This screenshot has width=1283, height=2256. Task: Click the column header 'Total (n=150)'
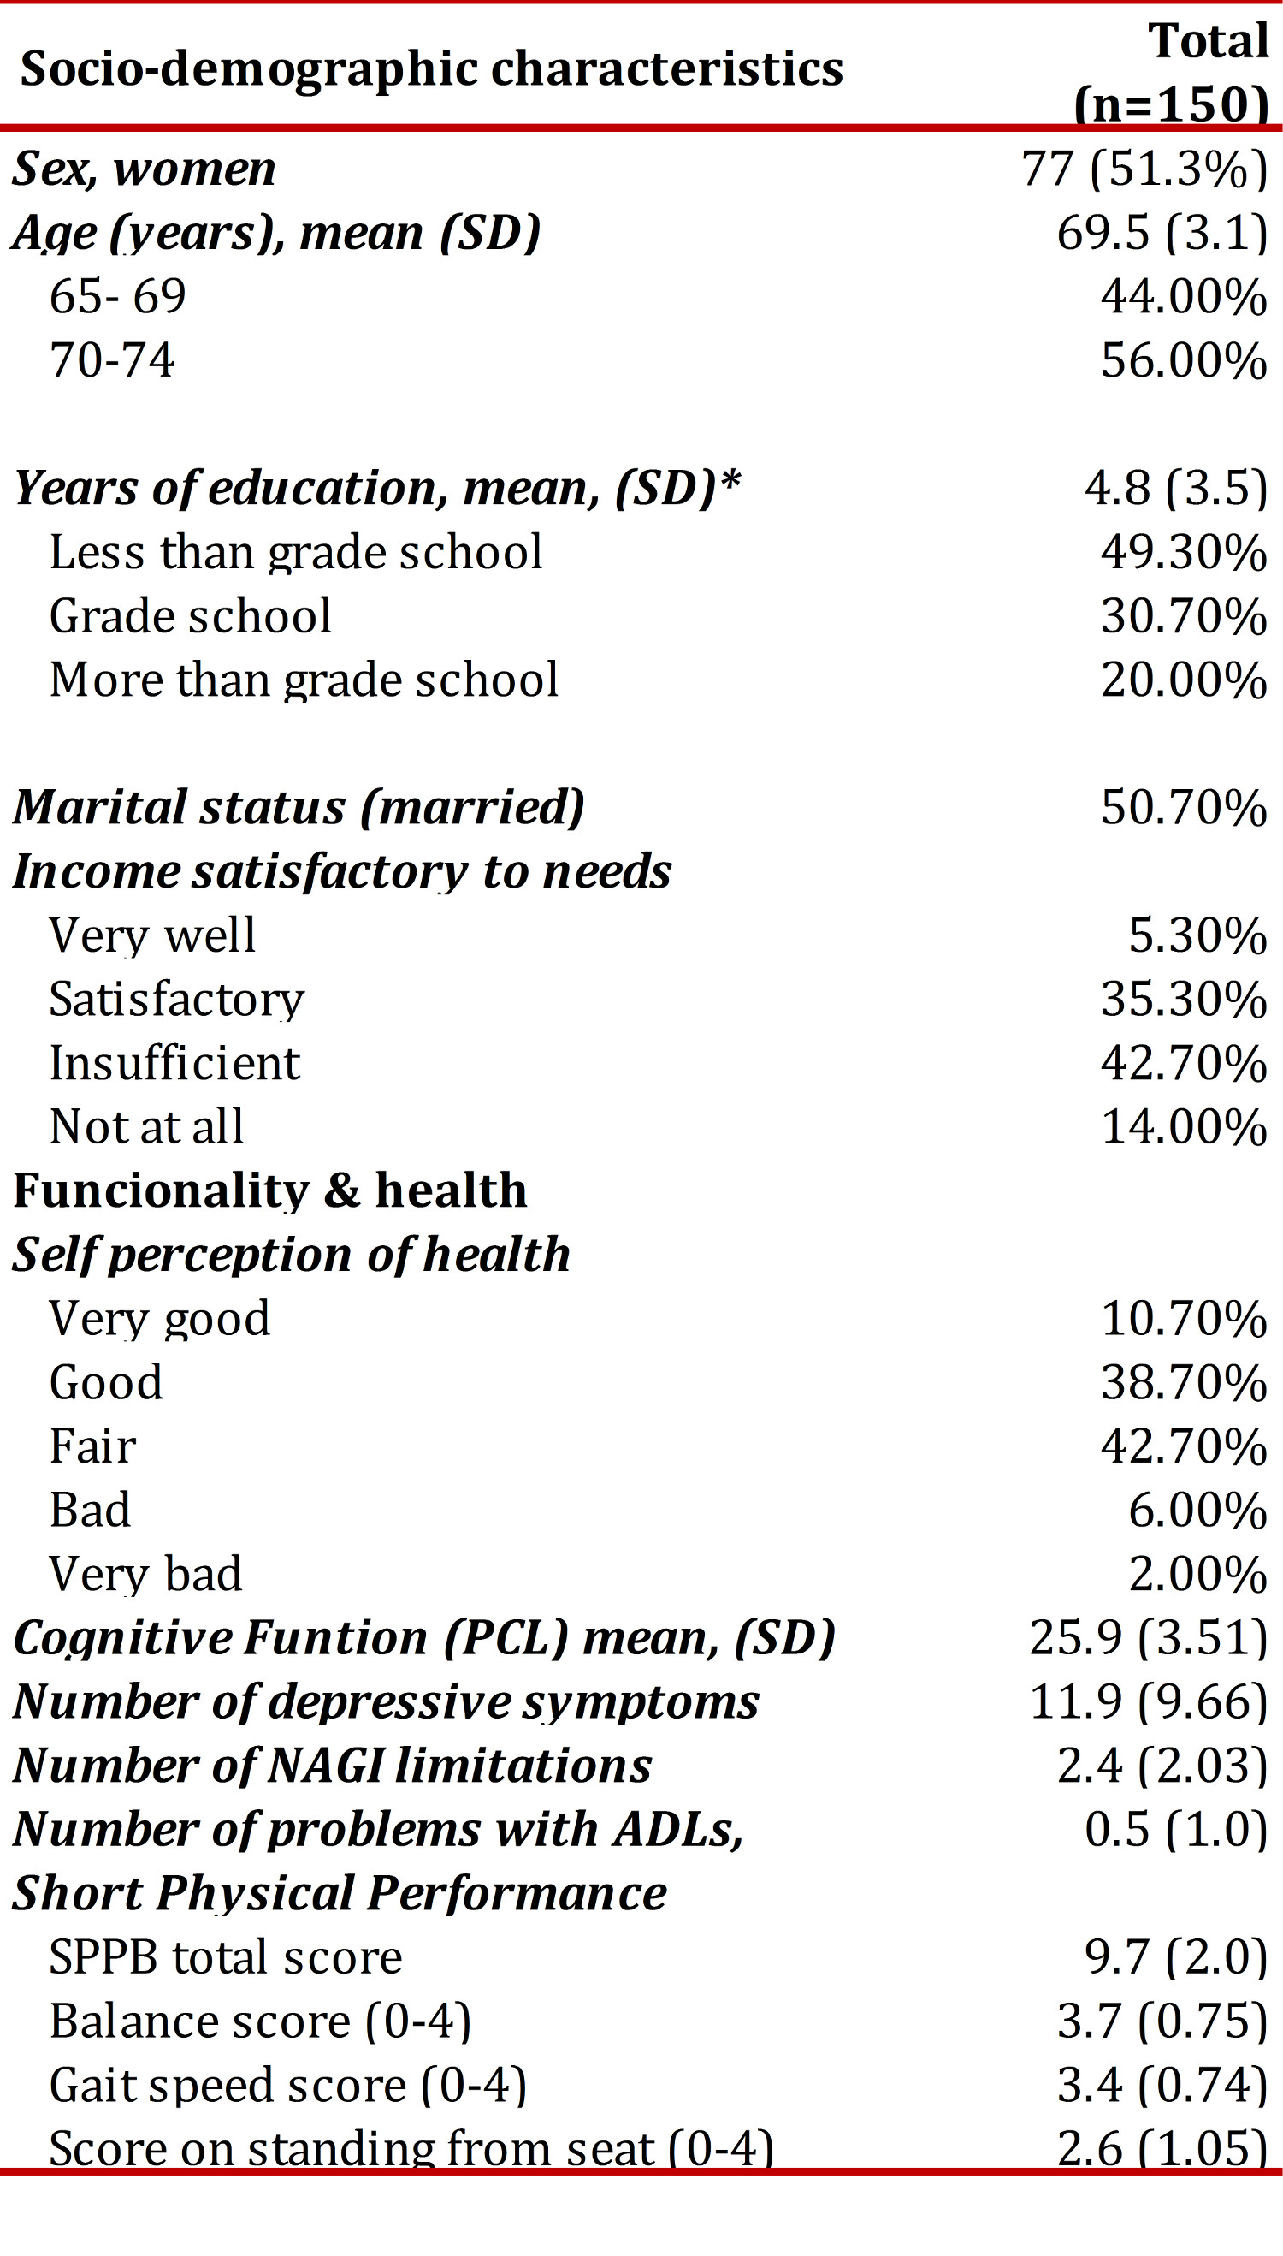tap(1172, 72)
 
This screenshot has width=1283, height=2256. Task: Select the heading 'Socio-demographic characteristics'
tap(432, 69)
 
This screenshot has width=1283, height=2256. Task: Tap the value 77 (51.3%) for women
tap(1144, 169)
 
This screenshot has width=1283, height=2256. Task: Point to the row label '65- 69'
tap(117, 296)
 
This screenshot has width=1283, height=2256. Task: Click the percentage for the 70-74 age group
tap(1184, 359)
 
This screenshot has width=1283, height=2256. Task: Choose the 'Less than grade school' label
tap(295, 553)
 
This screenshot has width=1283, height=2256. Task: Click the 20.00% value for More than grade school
tap(1184, 680)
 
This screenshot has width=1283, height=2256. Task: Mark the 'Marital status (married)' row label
tap(299, 808)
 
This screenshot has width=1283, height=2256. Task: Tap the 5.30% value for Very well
tap(1197, 935)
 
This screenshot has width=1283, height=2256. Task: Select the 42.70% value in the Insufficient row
tap(1184, 1062)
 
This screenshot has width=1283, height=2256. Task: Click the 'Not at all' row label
tap(146, 1126)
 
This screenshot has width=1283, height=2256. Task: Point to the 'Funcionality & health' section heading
tap(270, 1190)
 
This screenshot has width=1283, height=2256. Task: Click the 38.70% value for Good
tap(1184, 1382)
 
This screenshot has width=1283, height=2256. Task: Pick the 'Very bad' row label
tap(145, 1575)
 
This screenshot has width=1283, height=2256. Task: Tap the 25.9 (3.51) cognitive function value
tap(1148, 1638)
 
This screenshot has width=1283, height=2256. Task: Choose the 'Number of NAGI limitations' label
tap(332, 1766)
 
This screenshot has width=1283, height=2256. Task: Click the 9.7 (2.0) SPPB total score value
tap(1176, 1958)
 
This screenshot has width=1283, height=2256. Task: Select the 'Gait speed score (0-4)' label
tap(288, 2086)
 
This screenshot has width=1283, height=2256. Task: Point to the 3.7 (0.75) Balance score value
tap(1162, 2021)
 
